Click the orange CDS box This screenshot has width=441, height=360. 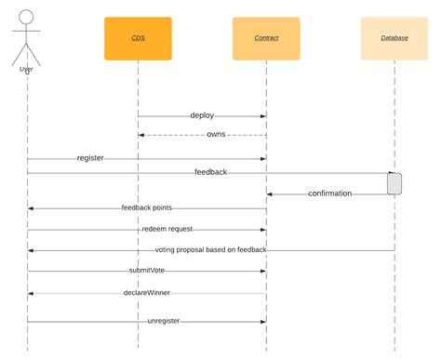point(138,38)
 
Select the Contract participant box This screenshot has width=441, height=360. point(266,38)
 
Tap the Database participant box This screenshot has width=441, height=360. point(394,38)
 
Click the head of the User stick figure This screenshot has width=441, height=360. point(27,17)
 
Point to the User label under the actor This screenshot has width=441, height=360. point(27,69)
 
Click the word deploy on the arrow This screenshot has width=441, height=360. point(202,116)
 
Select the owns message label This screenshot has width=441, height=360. point(216,135)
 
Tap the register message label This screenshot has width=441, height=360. point(90,158)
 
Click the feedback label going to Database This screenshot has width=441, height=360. point(210,172)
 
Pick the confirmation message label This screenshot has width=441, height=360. point(329,193)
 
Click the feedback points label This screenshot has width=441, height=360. point(146,207)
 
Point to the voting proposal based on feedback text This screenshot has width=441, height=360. point(211,250)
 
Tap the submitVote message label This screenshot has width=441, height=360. point(147,271)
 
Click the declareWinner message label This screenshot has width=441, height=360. point(147,293)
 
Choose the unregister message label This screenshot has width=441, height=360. point(163,321)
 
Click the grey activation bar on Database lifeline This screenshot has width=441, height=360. point(394,183)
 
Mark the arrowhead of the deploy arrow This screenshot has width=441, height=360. point(263,116)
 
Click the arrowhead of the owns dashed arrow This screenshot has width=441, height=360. point(141,135)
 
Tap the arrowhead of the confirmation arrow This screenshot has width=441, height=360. point(270,193)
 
